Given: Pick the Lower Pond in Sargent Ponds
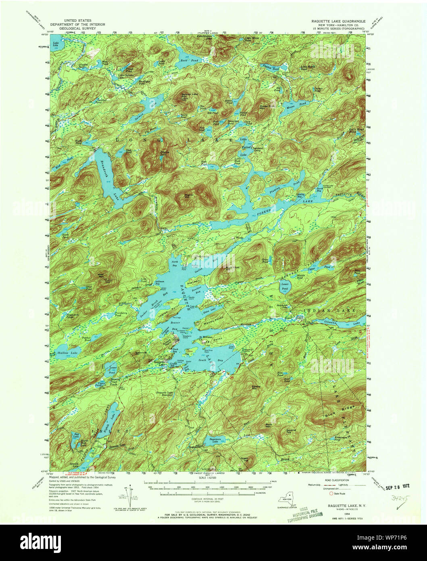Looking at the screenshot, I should click(285, 287).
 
